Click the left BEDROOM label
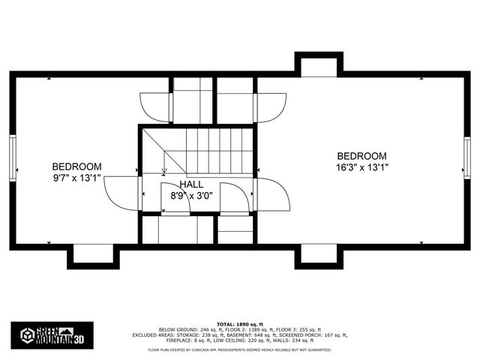[76, 166]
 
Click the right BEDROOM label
[361, 155]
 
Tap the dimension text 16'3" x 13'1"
[361, 167]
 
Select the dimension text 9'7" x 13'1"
[76, 178]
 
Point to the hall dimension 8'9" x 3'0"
[192, 195]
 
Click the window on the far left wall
[12, 157]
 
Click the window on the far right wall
[467, 157]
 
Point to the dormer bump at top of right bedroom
[319, 66]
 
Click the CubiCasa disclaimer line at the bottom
[240, 349]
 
